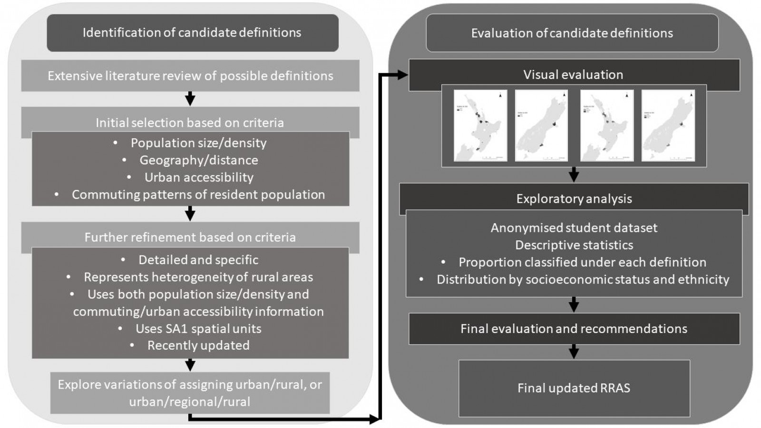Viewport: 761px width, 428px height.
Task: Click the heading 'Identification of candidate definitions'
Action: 192,32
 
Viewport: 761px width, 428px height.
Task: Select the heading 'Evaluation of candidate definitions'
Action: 572,33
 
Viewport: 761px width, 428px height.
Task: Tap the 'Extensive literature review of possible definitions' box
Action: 190,76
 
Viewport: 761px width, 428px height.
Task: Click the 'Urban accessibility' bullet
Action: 199,177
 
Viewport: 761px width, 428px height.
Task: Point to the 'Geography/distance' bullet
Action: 199,160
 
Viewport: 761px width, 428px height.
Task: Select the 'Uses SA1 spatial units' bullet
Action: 198,328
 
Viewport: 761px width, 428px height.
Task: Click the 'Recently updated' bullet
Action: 198,345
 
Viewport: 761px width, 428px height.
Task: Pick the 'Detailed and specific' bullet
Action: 198,260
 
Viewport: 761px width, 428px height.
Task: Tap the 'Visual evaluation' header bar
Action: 574,75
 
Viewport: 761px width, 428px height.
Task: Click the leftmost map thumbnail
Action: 480,125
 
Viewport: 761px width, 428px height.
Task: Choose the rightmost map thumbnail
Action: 668,125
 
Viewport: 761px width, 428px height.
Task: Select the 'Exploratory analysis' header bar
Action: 574,199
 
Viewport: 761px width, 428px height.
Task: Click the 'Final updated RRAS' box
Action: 574,388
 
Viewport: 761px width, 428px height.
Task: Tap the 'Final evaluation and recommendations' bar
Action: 574,329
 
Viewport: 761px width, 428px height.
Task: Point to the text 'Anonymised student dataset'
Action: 574,228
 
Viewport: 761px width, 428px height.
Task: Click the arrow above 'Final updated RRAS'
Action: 574,352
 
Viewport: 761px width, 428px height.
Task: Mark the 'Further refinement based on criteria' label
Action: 190,237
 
